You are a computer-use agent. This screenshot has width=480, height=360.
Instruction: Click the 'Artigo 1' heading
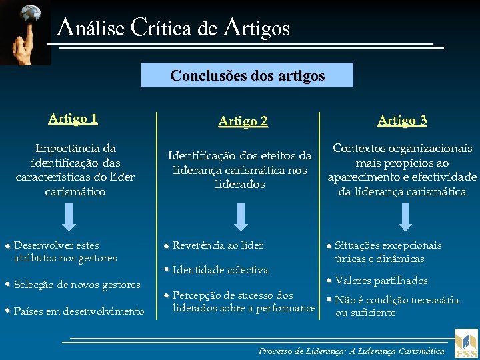[x=73, y=119]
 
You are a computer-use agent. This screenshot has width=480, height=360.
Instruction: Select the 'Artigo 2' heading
[x=243, y=121]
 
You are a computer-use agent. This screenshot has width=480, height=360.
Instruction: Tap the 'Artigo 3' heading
[x=402, y=120]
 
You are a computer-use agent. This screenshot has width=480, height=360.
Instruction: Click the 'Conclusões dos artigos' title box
[x=247, y=75]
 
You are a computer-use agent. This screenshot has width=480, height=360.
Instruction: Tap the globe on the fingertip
[x=31, y=13]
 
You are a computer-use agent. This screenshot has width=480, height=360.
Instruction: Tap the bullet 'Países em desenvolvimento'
[x=79, y=311]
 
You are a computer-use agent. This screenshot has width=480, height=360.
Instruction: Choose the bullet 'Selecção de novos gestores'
[x=77, y=285]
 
